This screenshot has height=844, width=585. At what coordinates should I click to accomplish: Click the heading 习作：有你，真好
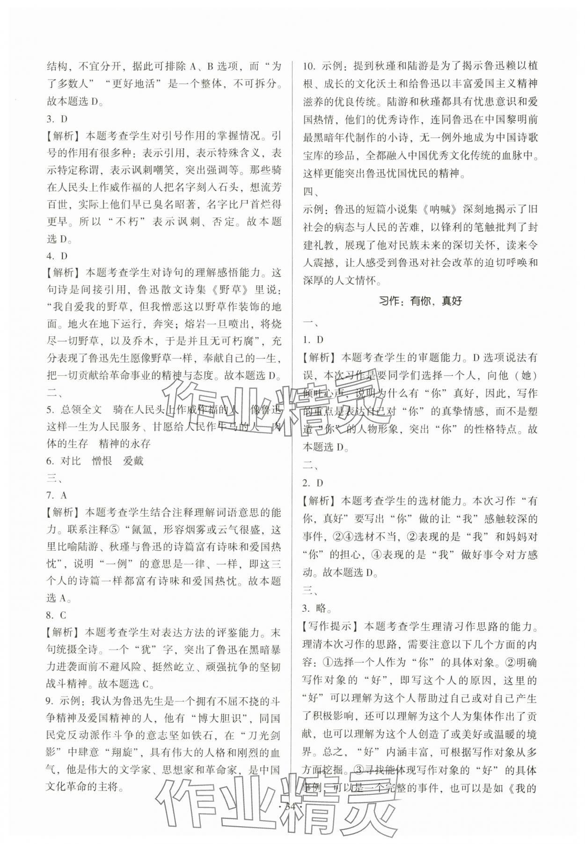tap(420, 301)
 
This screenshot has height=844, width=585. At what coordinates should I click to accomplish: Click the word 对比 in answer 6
tap(71, 461)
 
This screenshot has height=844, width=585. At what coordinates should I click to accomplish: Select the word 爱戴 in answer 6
tap(133, 461)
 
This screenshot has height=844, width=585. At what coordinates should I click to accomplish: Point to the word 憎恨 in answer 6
tap(102, 461)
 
